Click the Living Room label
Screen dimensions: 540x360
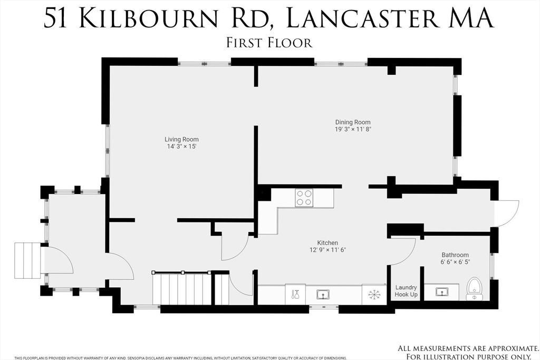tap(181, 139)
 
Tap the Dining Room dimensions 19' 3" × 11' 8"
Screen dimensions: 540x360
tap(353, 130)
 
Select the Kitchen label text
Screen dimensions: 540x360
tap(327, 243)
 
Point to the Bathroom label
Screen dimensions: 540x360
tap(455, 255)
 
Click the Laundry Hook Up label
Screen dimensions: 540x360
tap(406, 291)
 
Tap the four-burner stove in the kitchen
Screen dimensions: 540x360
tap(304, 198)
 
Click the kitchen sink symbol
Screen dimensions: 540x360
tap(323, 295)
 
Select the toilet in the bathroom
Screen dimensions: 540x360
tap(475, 289)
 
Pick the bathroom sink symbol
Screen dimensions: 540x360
tap(441, 292)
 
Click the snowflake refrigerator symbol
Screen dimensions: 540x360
tap(374, 295)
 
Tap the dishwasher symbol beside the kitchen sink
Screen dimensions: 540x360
tap(295, 294)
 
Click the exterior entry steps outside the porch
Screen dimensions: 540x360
tap(27, 260)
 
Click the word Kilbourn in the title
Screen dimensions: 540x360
tap(148, 18)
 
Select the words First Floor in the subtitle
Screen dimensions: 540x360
tap(269, 43)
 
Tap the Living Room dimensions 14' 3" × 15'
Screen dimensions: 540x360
tap(181, 147)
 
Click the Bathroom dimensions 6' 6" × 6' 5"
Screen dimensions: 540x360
tap(455, 262)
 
